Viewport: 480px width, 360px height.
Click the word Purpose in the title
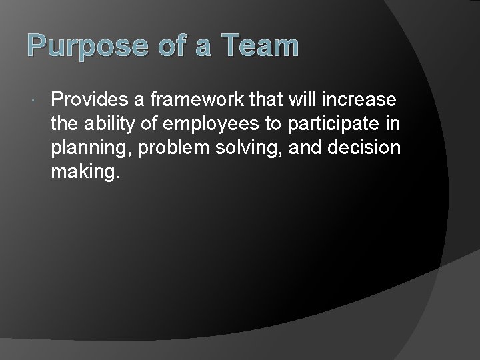[69, 47]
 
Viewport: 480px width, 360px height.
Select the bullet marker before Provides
[33, 100]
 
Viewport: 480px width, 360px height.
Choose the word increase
[361, 100]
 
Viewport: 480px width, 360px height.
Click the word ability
[107, 125]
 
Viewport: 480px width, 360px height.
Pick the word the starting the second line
[63, 125]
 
